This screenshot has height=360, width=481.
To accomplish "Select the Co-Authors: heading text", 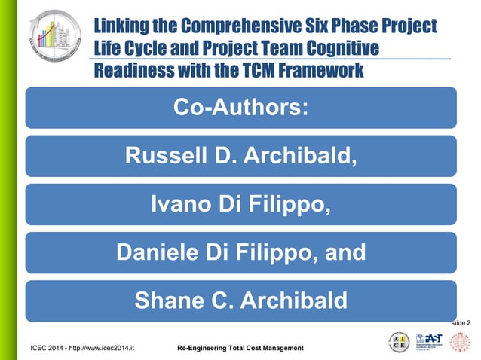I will click(x=240, y=107).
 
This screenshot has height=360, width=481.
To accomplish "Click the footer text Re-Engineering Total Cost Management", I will click(x=240, y=348).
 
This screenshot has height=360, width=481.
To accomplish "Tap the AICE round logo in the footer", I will click(x=400, y=341).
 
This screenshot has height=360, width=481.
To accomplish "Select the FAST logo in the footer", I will click(x=428, y=341).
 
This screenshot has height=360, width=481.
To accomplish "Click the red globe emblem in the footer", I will click(x=461, y=341).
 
